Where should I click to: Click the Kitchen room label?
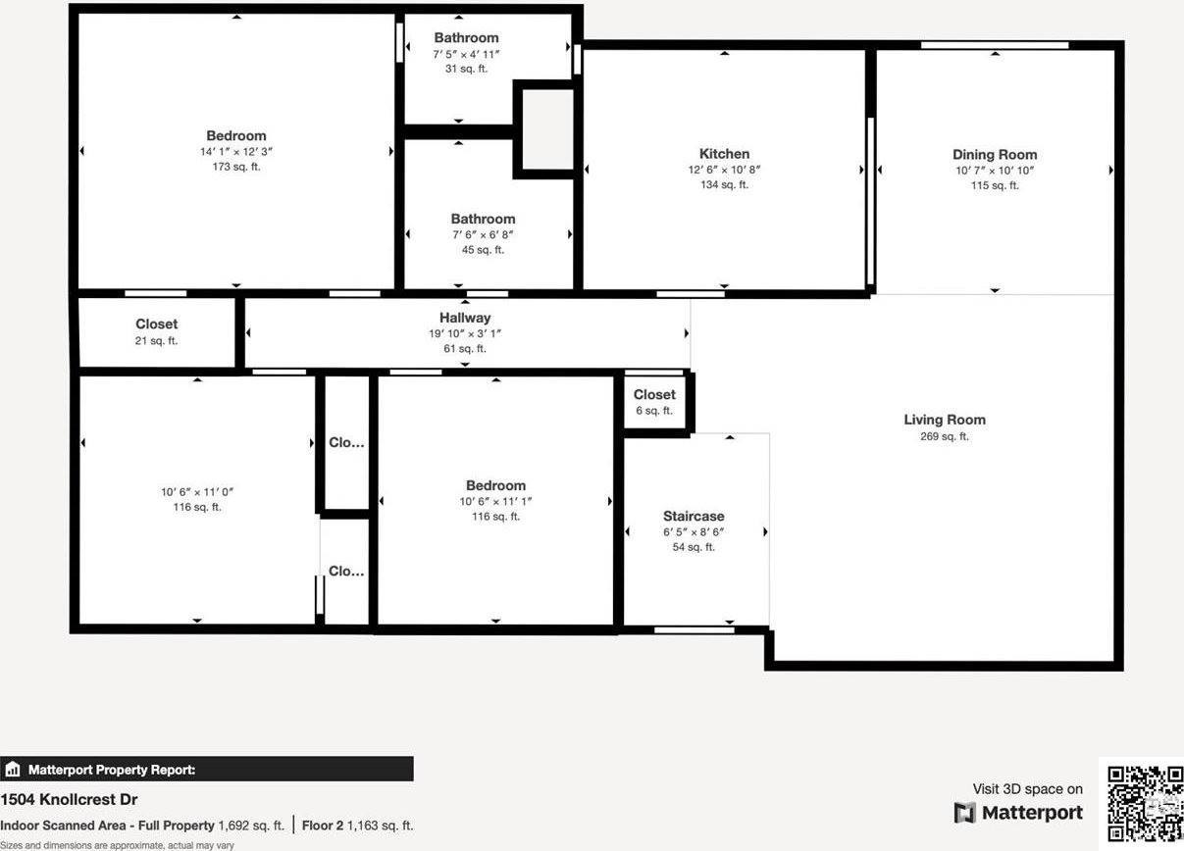pos(724,154)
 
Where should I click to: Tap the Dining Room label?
pos(995,155)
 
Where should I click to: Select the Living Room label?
pos(945,420)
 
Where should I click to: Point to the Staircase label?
pos(694,517)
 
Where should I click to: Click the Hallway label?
pos(465,318)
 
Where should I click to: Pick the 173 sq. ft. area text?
pos(236,167)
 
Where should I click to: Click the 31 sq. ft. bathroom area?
pos(466,69)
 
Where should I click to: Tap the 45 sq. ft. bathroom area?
pos(483,250)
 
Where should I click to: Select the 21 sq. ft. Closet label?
pos(157,324)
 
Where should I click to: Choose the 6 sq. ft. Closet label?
pos(654,395)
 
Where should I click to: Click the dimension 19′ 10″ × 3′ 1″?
pos(465,333)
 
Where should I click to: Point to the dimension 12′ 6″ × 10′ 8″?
pos(724,170)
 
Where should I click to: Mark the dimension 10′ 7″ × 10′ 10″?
pos(995,171)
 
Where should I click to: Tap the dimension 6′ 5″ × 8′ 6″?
pos(694,532)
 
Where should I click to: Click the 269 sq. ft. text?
pos(945,436)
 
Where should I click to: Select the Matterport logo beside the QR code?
pos(1019,813)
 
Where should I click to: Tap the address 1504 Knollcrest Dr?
pos(69,800)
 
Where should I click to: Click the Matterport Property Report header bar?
pos(207,770)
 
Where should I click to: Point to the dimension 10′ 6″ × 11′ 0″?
pos(197,492)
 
